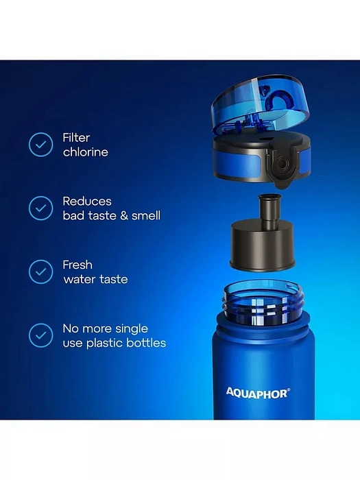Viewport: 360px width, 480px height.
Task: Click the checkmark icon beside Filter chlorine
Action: pyautogui.click(x=40, y=145)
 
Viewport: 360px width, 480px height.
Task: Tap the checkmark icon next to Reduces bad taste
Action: pyautogui.click(x=40, y=208)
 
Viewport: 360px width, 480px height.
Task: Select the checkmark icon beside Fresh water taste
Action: pyautogui.click(x=40, y=272)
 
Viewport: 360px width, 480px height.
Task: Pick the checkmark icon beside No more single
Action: pyautogui.click(x=40, y=335)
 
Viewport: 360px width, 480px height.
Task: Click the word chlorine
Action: pyautogui.click(x=86, y=152)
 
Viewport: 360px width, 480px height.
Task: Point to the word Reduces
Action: pyautogui.click(x=87, y=201)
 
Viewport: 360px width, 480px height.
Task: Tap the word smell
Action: pyautogui.click(x=146, y=216)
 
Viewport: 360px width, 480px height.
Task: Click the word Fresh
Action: pyautogui.click(x=77, y=265)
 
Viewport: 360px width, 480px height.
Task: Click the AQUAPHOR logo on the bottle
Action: pyautogui.click(x=256, y=393)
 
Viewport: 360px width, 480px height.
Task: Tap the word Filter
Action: pyautogui.click(x=76, y=137)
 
